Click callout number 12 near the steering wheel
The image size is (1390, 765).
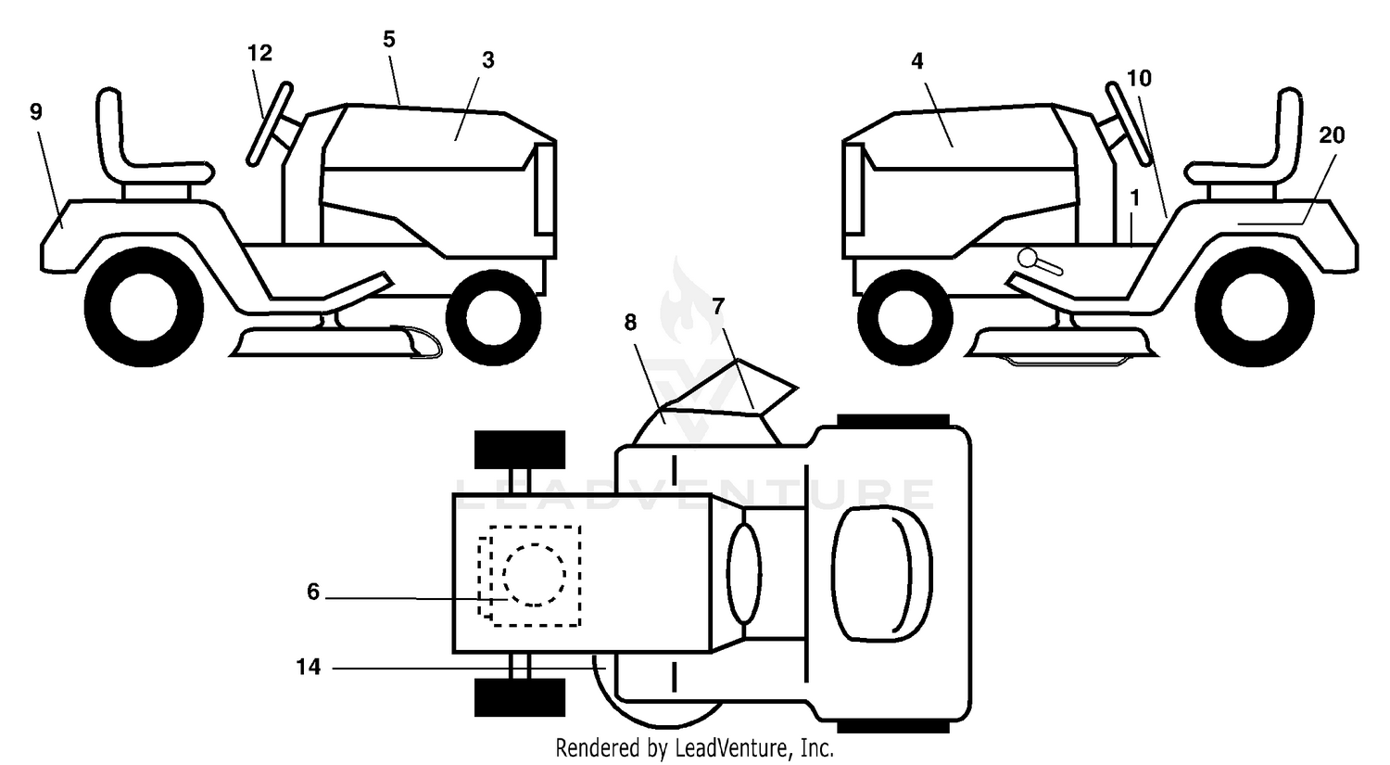[260, 53]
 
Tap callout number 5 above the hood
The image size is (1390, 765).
[389, 39]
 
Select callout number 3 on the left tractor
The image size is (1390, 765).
[488, 60]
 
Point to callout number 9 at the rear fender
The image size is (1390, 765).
[36, 112]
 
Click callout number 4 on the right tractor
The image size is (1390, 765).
[917, 61]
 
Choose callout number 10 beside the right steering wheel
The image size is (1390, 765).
[1139, 78]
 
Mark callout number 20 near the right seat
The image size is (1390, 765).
[1331, 134]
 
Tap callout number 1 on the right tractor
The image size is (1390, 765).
[1135, 198]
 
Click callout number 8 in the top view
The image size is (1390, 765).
[630, 323]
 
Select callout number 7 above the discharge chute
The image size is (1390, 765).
[718, 306]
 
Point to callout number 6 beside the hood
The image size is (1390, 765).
[313, 592]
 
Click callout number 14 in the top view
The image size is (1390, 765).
[309, 667]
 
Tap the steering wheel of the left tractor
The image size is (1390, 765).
[270, 124]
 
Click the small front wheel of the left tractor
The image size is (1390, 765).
[494, 318]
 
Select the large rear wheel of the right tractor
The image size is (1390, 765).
[1254, 307]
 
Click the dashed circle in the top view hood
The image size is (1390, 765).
[535, 574]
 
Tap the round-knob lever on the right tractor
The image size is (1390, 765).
[1040, 261]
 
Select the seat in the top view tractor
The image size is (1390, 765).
[881, 573]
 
